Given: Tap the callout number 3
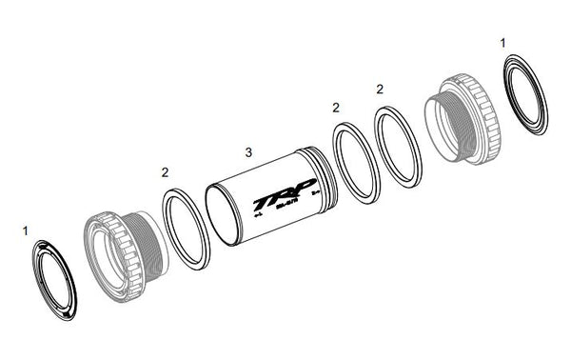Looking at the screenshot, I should click(248, 152).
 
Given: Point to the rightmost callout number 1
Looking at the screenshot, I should click(503, 45).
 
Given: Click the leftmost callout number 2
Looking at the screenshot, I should click(165, 172).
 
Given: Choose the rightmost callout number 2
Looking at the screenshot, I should click(380, 89).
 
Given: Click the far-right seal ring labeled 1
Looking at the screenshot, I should click(526, 94).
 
